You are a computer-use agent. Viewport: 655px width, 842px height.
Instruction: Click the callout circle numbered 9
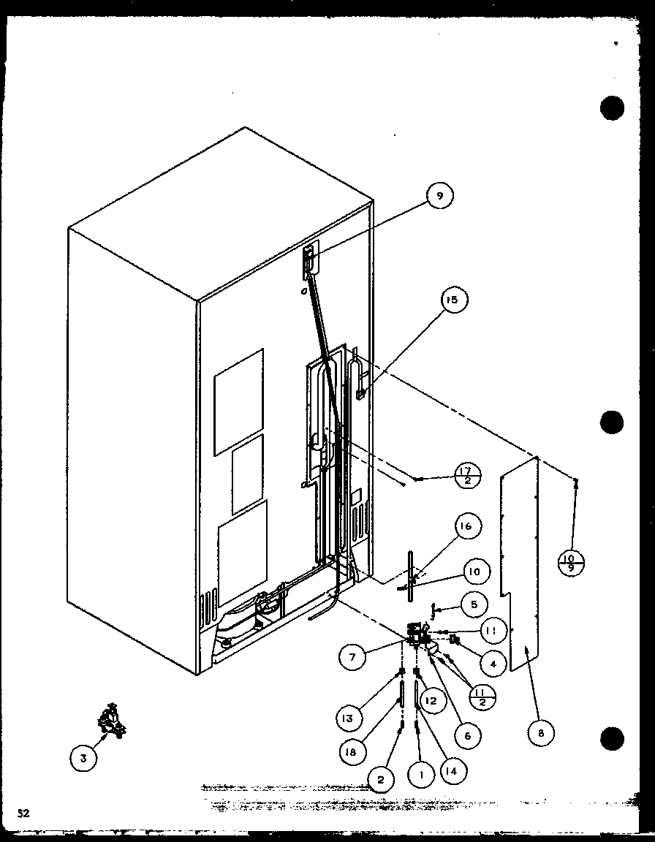tap(440, 195)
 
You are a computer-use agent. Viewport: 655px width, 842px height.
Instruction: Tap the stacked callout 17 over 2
tap(467, 476)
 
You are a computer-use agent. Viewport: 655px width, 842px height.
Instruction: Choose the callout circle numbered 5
tap(474, 604)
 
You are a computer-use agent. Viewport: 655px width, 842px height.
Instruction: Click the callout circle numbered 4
tap(493, 664)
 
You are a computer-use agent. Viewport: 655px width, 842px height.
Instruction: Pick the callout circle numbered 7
tap(352, 657)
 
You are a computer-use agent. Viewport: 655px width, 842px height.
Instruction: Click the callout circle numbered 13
tap(348, 718)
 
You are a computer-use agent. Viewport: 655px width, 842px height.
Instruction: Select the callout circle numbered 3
tap(83, 759)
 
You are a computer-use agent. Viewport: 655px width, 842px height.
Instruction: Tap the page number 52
tap(24, 812)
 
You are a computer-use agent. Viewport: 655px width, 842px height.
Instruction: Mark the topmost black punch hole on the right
tap(613, 108)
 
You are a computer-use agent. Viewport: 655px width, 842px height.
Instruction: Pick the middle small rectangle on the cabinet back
tap(247, 475)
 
